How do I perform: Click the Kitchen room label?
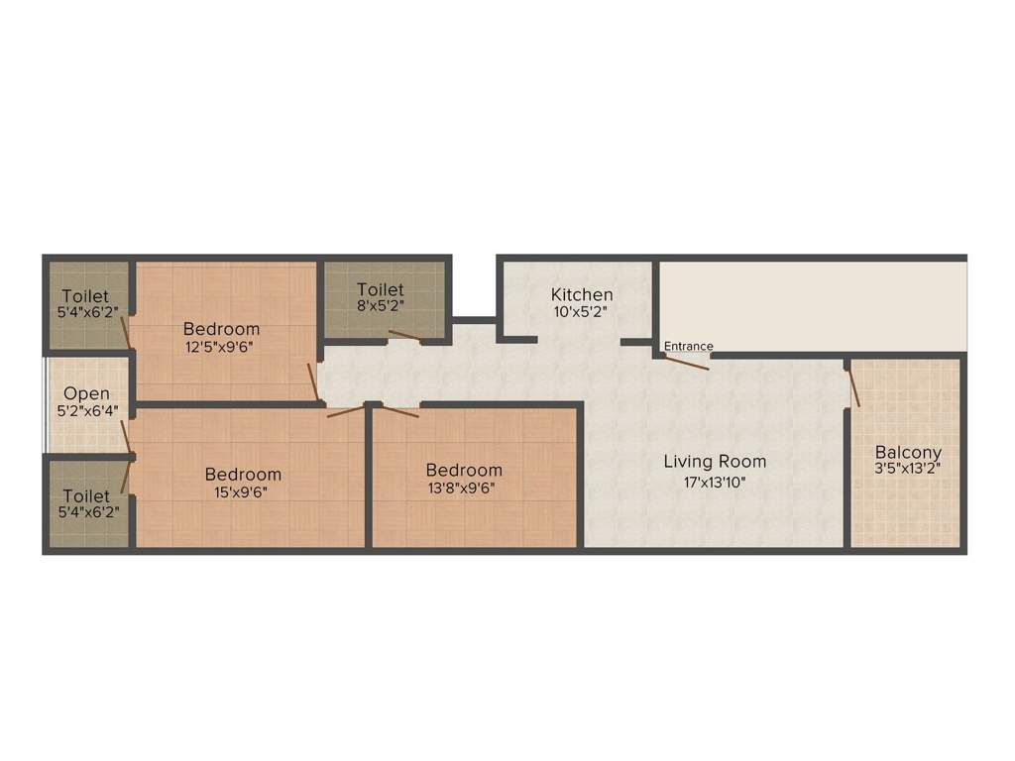pos(581,294)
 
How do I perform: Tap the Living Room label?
pos(715,462)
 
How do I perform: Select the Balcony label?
pos(908,452)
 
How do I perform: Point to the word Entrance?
pos(688,346)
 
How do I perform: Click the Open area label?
pos(86,394)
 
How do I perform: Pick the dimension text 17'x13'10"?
pos(715,483)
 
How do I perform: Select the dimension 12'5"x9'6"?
pos(219,347)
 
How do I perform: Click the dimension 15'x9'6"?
pos(241,492)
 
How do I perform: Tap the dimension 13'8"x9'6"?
pos(461,488)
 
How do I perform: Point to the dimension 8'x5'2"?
pos(381,306)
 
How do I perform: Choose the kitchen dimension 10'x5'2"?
pos(581,312)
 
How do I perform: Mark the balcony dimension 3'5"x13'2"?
pos(908,469)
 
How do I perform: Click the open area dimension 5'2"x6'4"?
pos(88,411)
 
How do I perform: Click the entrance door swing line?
pos(687,363)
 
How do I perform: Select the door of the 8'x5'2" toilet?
pos(404,335)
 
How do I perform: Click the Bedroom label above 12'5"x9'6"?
pos(221,329)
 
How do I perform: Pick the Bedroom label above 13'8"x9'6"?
pos(464,470)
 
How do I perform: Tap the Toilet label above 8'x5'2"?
pos(381,289)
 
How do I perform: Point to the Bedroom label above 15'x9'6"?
pos(244,475)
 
